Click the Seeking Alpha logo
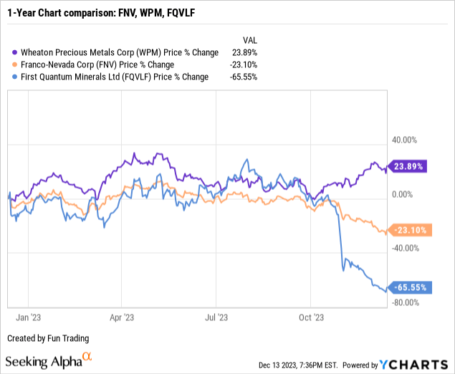49,358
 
